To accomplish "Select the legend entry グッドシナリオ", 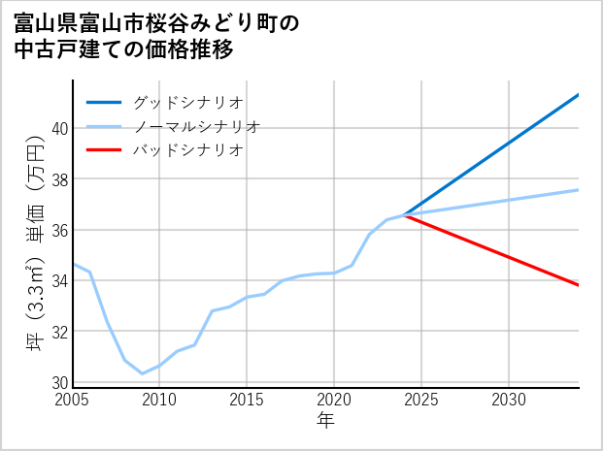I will pos(187,102).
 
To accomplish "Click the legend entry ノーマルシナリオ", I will pos(196,126).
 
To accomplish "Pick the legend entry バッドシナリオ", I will pos(187,150).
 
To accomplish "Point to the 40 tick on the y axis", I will pos(59,129).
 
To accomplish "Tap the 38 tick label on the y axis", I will pos(59,179).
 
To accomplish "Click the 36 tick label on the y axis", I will pos(59,230).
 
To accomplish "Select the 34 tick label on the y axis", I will pos(59,281).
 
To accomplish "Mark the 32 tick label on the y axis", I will pos(59,332).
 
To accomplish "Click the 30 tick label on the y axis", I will pos(59,382).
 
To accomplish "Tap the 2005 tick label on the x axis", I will pos(73,400).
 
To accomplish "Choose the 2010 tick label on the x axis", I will pos(159,400).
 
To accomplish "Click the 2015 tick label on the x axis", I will pos(247,400).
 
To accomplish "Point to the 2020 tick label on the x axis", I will pos(334,400).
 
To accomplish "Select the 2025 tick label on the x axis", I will pos(421,400).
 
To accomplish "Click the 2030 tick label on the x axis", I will pos(509,400).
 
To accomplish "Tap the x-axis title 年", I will pos(325,421).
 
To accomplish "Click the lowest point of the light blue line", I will pos(143,373).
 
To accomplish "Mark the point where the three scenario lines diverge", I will pos(404,215).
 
